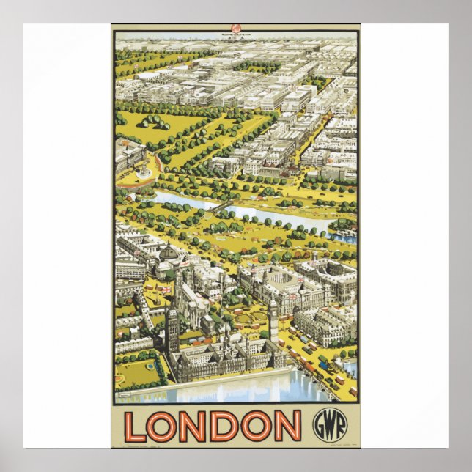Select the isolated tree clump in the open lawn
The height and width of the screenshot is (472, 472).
click(156, 121)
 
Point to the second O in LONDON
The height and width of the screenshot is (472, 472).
click(256, 427)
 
